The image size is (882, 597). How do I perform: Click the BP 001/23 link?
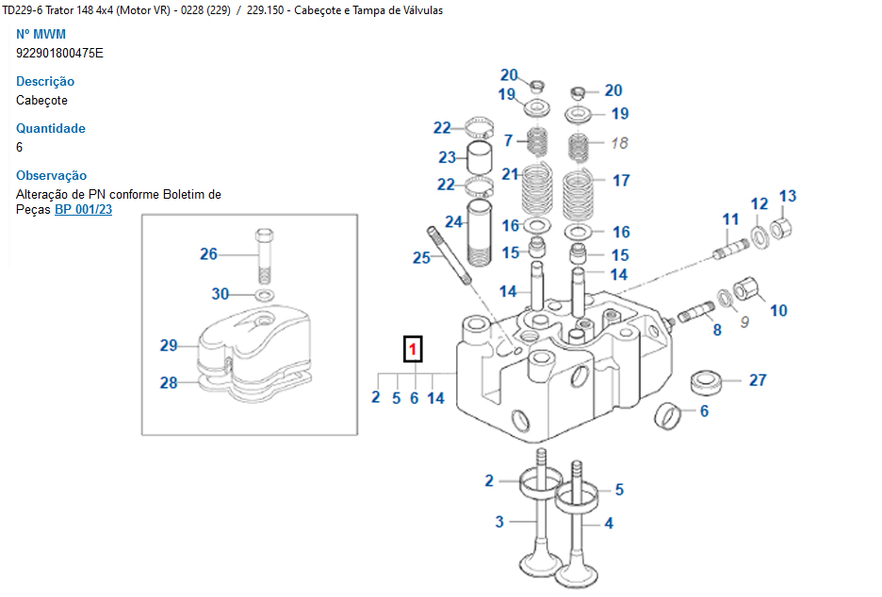pyautogui.click(x=83, y=209)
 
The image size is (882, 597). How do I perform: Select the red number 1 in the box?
pyautogui.click(x=414, y=350)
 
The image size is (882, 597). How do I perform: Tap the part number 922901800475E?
pyautogui.click(x=59, y=53)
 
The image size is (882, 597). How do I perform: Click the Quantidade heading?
pyautogui.click(x=51, y=128)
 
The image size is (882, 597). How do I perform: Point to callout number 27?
pyautogui.click(x=758, y=380)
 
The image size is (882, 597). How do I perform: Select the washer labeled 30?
pyautogui.click(x=265, y=296)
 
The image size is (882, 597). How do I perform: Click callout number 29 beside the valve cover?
pyautogui.click(x=169, y=346)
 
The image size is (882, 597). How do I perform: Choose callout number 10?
pyautogui.click(x=778, y=310)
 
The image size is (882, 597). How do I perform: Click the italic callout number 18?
pyautogui.click(x=619, y=143)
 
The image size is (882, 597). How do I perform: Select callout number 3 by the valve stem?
pyautogui.click(x=499, y=522)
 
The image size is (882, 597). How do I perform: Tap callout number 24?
pyautogui.click(x=454, y=222)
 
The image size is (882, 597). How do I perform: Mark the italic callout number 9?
pyautogui.click(x=743, y=322)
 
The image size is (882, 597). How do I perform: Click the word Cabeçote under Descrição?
pyautogui.click(x=41, y=100)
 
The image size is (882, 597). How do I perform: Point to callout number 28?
pyautogui.click(x=169, y=382)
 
